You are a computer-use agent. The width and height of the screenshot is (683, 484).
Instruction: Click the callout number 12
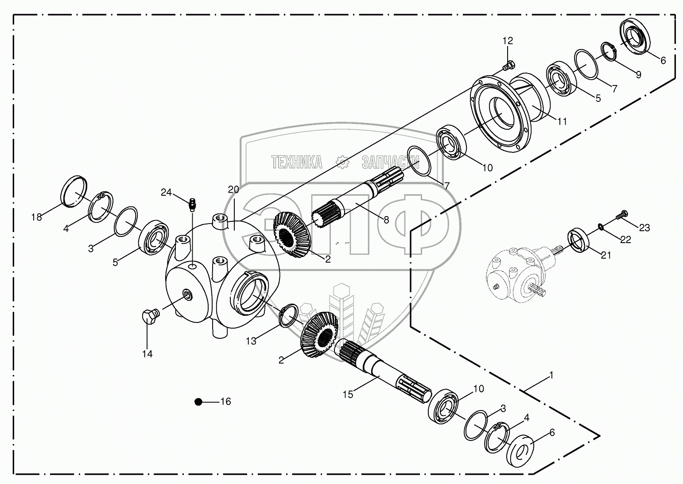pos(508,41)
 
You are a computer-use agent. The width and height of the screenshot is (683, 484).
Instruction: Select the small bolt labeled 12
pos(507,66)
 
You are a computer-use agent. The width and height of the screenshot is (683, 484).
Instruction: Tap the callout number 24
pos(166,192)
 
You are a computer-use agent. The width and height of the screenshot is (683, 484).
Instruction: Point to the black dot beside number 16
pos(198,402)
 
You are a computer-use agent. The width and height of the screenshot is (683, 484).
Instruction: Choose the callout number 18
pos(36,217)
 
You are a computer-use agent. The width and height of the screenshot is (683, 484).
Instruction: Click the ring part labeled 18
pos(74,191)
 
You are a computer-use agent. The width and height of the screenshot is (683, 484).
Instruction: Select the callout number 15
pos(348,394)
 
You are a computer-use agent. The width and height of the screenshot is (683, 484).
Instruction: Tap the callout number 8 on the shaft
pos(386,219)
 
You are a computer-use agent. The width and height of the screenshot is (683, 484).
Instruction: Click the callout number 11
pos(562,121)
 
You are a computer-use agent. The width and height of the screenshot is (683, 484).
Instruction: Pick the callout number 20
pos(233,190)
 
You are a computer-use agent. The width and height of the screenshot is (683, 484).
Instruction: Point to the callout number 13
pos(251,341)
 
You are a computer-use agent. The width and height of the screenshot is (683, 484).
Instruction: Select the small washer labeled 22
pos(600,227)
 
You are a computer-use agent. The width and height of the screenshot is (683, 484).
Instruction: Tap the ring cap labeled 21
pos(578,240)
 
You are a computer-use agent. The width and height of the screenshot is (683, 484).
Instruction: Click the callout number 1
pos(551,375)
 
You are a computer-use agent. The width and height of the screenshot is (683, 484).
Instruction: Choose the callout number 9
pos(638,75)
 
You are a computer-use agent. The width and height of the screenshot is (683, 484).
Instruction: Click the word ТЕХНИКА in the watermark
pos(297,163)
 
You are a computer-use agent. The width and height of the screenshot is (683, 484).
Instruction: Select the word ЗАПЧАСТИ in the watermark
pos(390,163)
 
